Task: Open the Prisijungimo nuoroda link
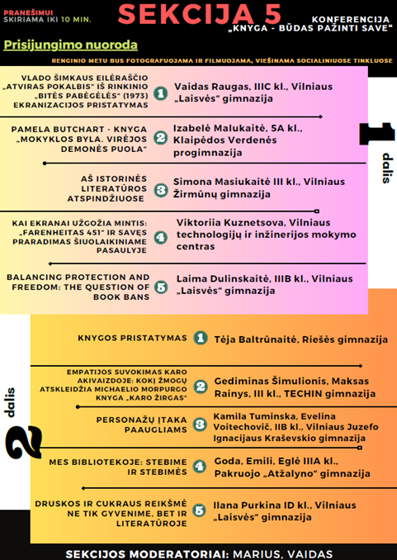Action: (x=70, y=45)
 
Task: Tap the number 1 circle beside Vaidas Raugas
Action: (x=161, y=96)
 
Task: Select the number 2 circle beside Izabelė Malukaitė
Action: (x=161, y=137)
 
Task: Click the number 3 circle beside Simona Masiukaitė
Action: (x=161, y=188)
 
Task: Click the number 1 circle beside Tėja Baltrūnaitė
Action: (x=200, y=338)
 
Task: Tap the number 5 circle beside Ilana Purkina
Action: (x=200, y=510)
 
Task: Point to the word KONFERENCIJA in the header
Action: (x=350, y=17)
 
